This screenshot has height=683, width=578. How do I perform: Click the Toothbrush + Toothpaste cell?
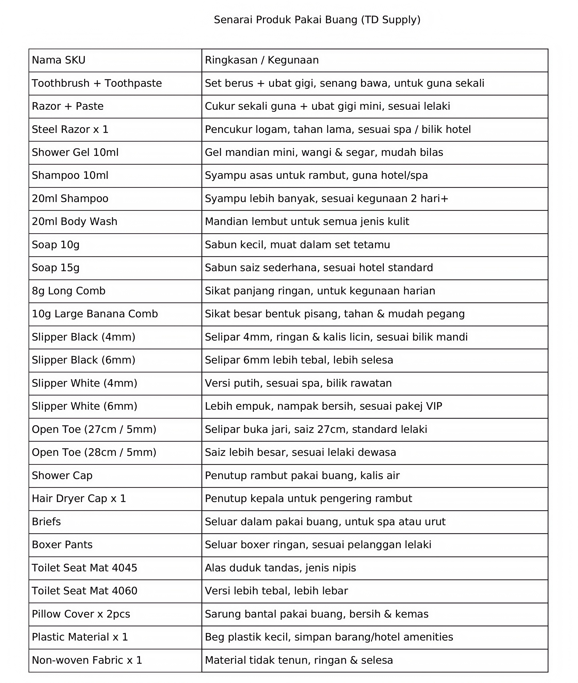click(97, 83)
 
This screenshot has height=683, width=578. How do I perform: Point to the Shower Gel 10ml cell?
click(75, 152)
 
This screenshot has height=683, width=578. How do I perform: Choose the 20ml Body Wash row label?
click(74, 222)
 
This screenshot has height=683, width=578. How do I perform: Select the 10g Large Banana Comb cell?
click(95, 314)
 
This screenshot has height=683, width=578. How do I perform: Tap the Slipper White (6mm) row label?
click(84, 406)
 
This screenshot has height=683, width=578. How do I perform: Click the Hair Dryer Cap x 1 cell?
click(79, 499)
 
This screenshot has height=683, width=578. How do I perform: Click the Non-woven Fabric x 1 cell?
click(87, 660)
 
